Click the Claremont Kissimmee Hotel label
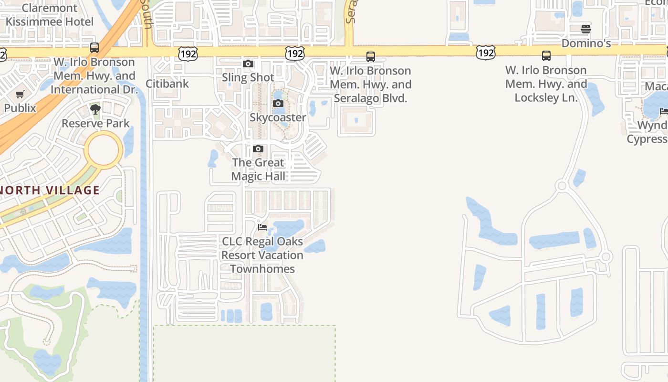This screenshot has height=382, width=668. click(x=49, y=15)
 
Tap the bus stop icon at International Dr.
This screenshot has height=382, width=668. click(x=94, y=48)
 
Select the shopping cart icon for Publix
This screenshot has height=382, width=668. click(x=20, y=95)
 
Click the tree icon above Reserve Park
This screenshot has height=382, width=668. click(x=95, y=109)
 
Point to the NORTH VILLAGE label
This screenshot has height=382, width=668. click(x=50, y=190)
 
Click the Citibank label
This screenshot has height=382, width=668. click(x=167, y=84)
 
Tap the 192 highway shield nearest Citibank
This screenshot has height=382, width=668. click(x=188, y=53)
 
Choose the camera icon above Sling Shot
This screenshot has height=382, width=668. click(x=248, y=64)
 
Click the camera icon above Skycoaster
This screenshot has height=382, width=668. click(x=278, y=104)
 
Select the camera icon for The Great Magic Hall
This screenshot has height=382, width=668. click(x=258, y=149)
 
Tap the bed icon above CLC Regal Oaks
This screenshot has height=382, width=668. click(x=262, y=227)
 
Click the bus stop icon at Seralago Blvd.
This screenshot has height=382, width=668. click(x=371, y=57)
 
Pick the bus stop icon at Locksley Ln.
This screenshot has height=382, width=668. click(x=546, y=56)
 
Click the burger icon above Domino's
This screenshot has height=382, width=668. click(x=586, y=29)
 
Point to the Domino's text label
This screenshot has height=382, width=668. click(x=586, y=43)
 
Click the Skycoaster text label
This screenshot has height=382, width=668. click(x=278, y=117)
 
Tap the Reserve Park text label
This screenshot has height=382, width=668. click(x=95, y=123)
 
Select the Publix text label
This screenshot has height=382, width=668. click(x=20, y=108)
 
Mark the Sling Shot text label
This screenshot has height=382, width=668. click(x=248, y=77)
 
